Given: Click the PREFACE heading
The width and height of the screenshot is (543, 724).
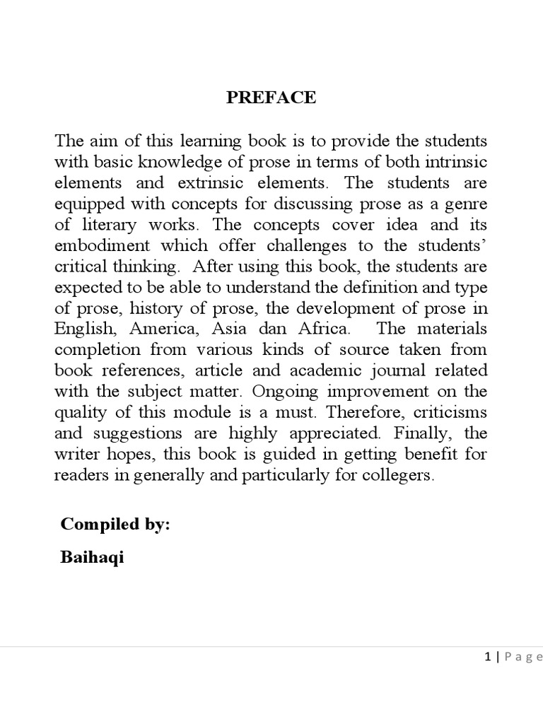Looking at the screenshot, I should pyautogui.click(x=271, y=98).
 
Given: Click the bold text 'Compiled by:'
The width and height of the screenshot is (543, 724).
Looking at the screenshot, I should pyautogui.click(x=115, y=524).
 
